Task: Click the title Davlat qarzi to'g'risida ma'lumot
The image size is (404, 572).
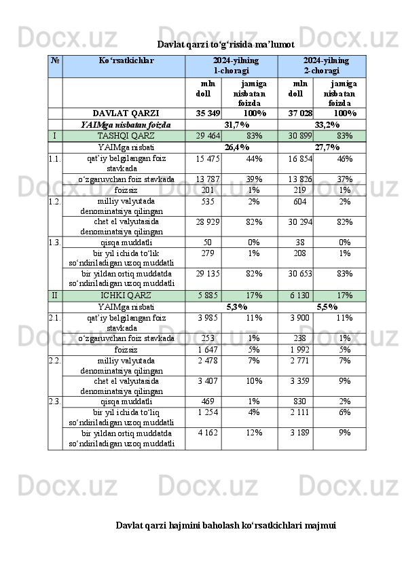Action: [x=225, y=45]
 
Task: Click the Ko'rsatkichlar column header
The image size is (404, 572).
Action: [x=126, y=60]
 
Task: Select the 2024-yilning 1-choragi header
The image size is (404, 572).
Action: [x=231, y=65]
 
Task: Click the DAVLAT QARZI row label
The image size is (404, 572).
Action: [x=126, y=113]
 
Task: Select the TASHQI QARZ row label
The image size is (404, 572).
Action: [x=126, y=136]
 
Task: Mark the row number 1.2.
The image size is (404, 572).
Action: [x=55, y=202]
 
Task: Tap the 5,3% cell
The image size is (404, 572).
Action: [x=236, y=307]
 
